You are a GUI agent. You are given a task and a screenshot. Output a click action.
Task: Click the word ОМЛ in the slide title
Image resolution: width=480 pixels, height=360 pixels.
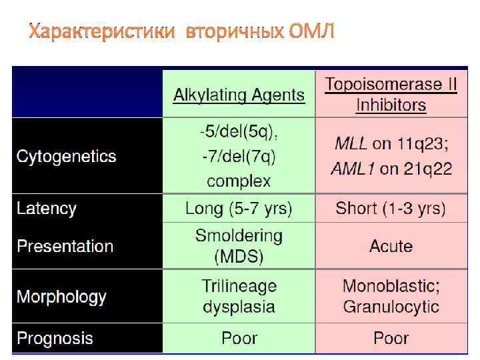[x=312, y=31]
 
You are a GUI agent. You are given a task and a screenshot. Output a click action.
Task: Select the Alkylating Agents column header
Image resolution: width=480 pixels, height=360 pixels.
[x=239, y=95]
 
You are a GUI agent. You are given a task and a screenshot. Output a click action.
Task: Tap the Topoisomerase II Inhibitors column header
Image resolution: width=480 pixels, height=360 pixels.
[x=391, y=94]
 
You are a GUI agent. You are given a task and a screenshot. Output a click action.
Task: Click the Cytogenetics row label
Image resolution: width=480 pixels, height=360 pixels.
[x=66, y=157]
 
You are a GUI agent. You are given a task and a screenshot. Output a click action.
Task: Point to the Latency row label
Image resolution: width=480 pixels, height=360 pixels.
[x=47, y=209]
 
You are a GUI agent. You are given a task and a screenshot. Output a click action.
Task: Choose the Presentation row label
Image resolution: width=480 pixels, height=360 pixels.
[x=65, y=246]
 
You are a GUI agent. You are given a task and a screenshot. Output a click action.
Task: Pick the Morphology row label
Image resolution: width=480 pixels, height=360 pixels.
[x=61, y=297]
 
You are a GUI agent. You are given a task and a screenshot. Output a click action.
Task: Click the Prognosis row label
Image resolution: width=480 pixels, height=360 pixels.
[x=55, y=338]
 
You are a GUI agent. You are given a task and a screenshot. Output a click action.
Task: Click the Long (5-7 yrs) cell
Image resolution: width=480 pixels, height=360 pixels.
[x=239, y=209]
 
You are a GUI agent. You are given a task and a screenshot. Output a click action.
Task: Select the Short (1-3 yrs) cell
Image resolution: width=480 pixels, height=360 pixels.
[x=391, y=209]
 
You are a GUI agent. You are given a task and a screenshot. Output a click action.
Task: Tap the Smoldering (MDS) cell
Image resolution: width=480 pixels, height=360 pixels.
[x=239, y=246]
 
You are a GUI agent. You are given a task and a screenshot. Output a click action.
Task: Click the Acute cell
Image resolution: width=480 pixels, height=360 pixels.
[x=391, y=246]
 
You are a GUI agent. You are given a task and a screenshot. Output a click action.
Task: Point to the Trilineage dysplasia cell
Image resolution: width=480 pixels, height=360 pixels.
[x=239, y=297]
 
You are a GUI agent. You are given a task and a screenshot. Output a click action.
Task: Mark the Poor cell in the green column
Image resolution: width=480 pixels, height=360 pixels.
[x=239, y=338]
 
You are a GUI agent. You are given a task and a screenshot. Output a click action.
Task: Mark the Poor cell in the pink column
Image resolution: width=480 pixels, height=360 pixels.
[x=391, y=338]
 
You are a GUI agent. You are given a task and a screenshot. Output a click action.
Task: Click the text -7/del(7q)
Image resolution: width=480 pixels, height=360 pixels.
[x=239, y=157]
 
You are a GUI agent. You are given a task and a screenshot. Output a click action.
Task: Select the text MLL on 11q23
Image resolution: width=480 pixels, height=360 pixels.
[x=391, y=143]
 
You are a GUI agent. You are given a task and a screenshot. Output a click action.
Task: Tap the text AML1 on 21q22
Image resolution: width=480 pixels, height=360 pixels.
[x=391, y=169]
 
